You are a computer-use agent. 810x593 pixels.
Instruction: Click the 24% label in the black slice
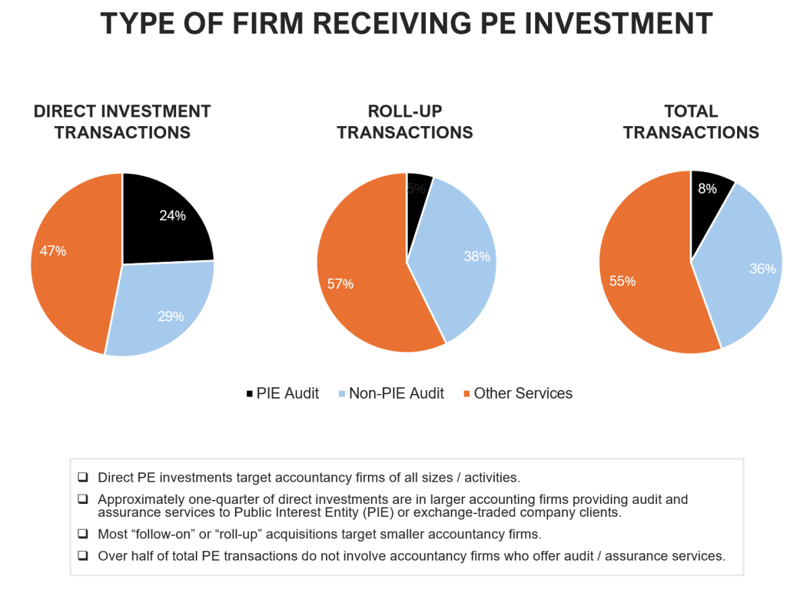coord(172,216)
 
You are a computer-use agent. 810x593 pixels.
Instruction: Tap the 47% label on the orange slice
coord(53,251)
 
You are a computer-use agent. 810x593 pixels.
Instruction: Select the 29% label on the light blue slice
coord(171,316)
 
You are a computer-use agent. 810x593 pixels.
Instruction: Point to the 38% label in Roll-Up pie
coord(477,256)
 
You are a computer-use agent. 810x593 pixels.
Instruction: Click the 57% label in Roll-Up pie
coord(340,284)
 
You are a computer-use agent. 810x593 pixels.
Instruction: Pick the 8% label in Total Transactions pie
coord(707,190)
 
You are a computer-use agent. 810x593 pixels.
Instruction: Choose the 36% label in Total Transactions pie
coord(762,269)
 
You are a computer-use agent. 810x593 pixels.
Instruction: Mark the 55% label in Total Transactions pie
coord(622,281)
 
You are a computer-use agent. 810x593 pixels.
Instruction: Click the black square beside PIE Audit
coord(250,394)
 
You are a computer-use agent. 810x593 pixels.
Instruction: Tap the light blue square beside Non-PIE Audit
coord(342,394)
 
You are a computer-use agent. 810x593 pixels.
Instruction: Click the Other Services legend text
coord(523,393)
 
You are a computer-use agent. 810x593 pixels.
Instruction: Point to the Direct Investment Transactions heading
coord(122,121)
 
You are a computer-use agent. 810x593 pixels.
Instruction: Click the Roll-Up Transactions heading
coord(405,121)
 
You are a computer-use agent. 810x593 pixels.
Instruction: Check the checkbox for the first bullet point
coord(83,478)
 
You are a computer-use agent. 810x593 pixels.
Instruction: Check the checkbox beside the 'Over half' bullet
coord(83,557)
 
